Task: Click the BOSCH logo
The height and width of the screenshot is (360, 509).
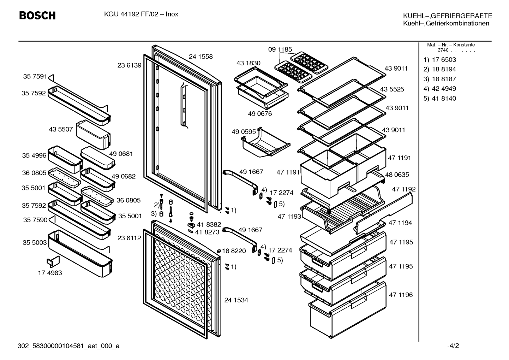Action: (x=37, y=16)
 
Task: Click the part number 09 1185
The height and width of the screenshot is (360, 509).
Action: (x=280, y=49)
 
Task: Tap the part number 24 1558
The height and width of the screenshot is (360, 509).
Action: (x=200, y=57)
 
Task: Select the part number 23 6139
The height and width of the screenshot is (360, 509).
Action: (x=129, y=65)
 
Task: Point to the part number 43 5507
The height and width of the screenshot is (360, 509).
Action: (x=61, y=129)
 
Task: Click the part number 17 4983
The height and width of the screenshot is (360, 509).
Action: (x=50, y=273)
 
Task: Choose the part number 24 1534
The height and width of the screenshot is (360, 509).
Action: (x=236, y=300)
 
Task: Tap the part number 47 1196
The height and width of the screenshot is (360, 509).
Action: (x=401, y=295)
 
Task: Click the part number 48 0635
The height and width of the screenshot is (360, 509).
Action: (x=397, y=175)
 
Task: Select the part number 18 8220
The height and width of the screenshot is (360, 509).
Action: (x=234, y=251)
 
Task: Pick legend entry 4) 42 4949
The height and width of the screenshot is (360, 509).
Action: (x=440, y=89)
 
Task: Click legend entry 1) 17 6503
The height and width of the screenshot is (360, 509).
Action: (x=440, y=60)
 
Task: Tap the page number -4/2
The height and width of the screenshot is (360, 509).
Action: (x=453, y=346)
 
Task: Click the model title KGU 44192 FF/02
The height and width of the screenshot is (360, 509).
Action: (x=131, y=14)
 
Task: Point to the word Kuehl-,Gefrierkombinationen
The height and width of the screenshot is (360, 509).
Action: (x=446, y=23)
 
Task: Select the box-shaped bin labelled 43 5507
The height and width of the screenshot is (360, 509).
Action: (x=93, y=135)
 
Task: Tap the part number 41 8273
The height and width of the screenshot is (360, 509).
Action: (x=207, y=232)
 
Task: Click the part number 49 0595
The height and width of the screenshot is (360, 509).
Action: (x=244, y=132)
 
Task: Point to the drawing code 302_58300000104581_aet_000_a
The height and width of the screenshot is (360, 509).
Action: (x=68, y=346)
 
